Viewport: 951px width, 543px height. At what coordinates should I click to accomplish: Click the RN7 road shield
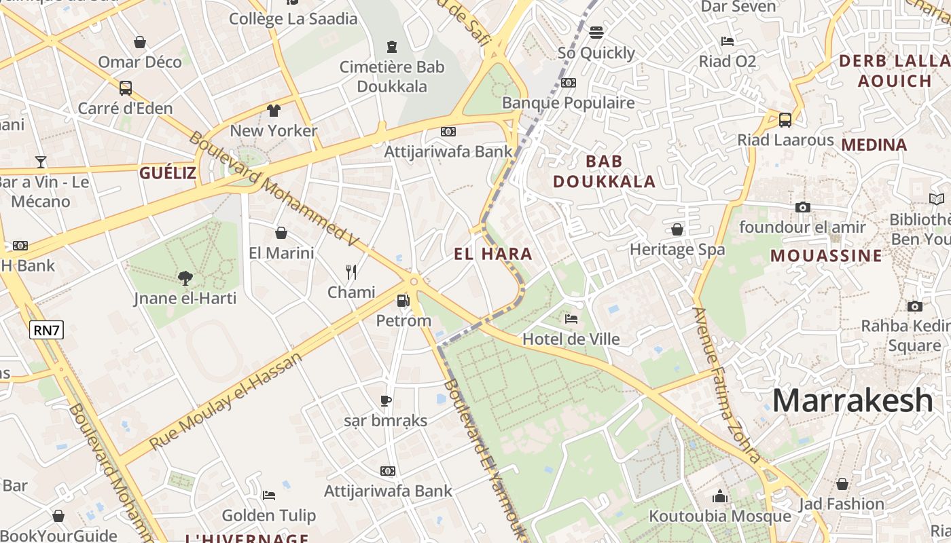47,331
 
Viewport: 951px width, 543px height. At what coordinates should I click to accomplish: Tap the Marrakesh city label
853,400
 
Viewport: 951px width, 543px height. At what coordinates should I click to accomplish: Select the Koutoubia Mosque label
720,516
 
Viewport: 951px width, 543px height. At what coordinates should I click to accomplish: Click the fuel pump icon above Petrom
403,300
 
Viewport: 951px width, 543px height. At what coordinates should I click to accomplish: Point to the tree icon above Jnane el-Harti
185,277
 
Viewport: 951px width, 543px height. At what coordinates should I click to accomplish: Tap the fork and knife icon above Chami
351,272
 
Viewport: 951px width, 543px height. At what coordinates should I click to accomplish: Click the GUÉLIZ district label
168,173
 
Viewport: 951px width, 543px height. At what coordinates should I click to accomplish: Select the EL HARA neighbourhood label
493,255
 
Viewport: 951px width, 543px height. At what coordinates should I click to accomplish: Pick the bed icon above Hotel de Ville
571,318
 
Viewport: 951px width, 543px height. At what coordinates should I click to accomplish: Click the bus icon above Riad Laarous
785,120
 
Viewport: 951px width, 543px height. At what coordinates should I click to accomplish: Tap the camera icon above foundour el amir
802,207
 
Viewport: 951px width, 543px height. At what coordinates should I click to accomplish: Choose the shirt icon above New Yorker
274,111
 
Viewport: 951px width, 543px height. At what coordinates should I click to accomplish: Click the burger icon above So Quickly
596,33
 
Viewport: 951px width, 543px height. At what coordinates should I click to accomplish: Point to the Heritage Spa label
677,249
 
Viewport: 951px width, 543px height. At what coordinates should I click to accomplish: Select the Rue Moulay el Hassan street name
226,400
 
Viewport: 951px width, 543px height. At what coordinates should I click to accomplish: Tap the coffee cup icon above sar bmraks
386,400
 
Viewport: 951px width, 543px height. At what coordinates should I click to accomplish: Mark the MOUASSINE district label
826,256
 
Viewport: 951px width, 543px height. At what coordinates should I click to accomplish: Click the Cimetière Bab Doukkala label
392,77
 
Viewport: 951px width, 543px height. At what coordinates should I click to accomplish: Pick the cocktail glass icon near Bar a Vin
41,162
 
